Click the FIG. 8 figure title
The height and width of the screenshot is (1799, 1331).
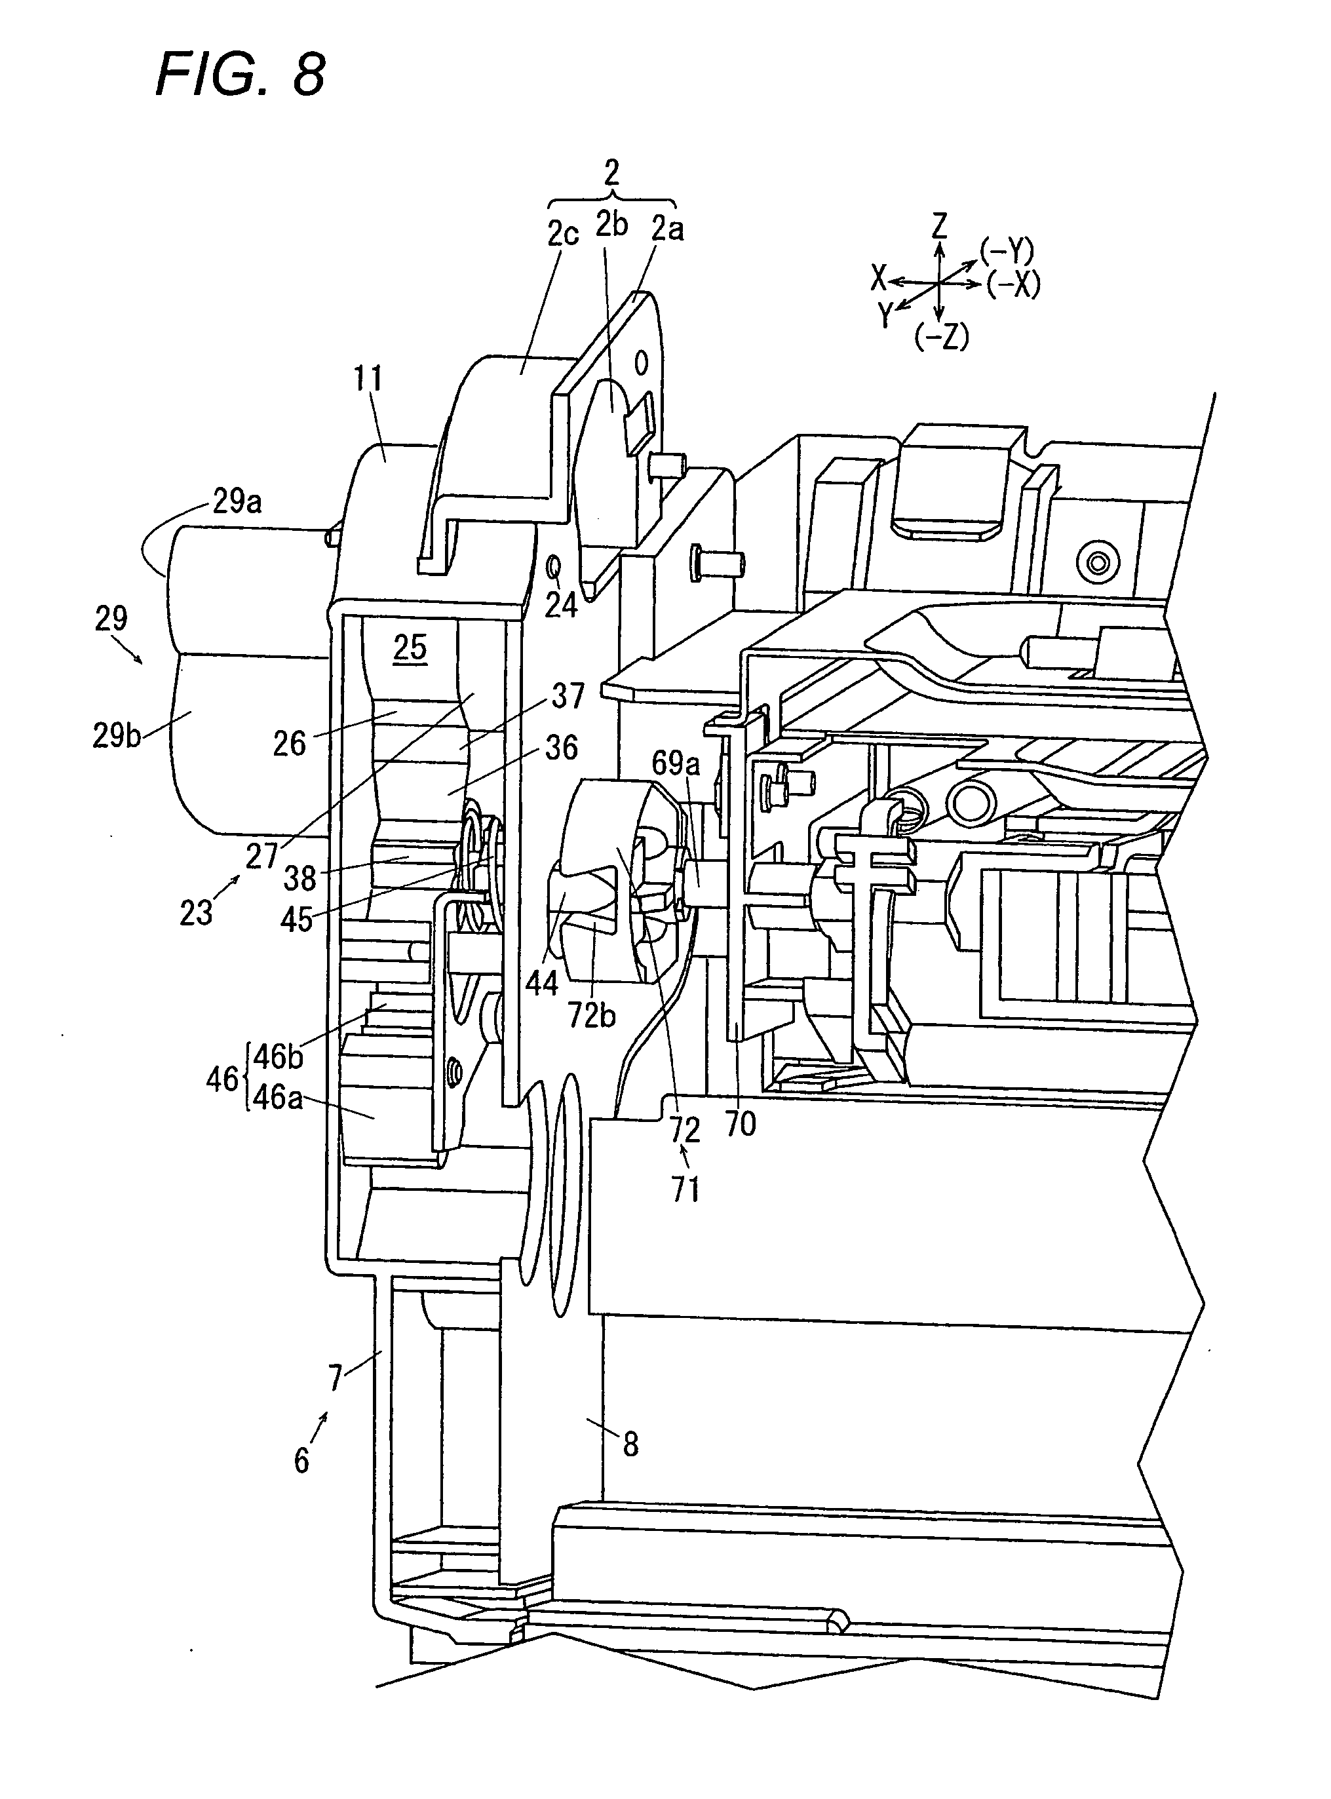coord(240,74)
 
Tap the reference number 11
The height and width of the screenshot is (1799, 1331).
coord(368,379)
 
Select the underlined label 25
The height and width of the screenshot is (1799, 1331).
coord(410,647)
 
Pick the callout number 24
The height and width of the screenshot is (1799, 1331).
coord(562,604)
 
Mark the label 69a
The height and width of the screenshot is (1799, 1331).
coord(676,762)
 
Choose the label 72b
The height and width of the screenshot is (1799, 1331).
coord(592,1016)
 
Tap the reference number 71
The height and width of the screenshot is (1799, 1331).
coord(685,1189)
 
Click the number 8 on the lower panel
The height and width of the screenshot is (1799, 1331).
coord(631,1444)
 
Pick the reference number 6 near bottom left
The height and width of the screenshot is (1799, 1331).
coord(301,1460)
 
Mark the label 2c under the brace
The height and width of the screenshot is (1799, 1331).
coord(564,233)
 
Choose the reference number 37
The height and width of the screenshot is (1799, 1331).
coord(569,695)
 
